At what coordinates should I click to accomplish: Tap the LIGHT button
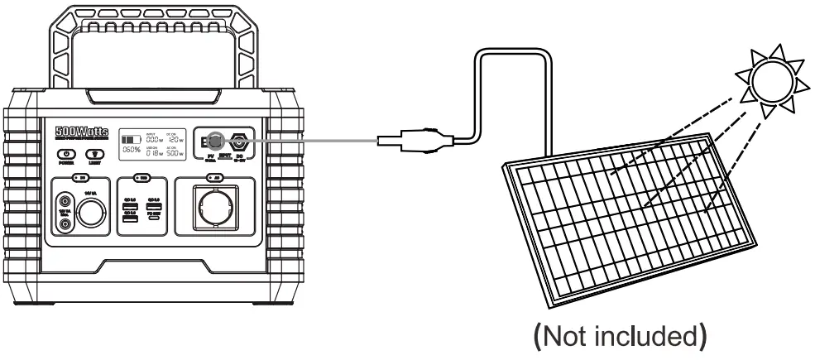click(x=95, y=155)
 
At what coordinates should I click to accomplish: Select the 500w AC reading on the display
click(x=174, y=153)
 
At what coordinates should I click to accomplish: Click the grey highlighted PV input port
click(x=213, y=141)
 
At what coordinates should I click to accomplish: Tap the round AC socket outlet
click(x=216, y=204)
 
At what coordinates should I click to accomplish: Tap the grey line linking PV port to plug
click(x=314, y=141)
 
